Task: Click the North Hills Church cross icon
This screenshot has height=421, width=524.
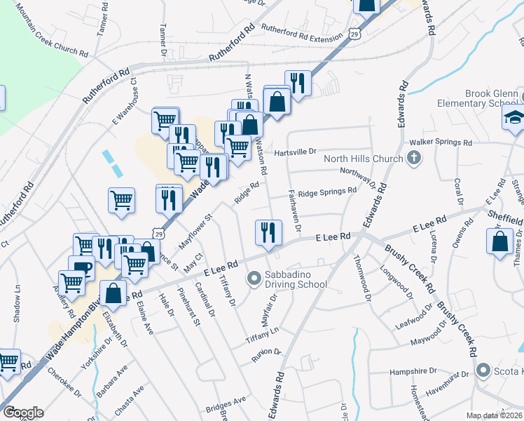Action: pos(413,158)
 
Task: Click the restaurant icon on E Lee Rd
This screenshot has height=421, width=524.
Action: pos(266,232)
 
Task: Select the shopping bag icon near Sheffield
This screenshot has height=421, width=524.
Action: pos(499,242)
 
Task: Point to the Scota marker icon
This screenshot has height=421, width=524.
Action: pos(482,369)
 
